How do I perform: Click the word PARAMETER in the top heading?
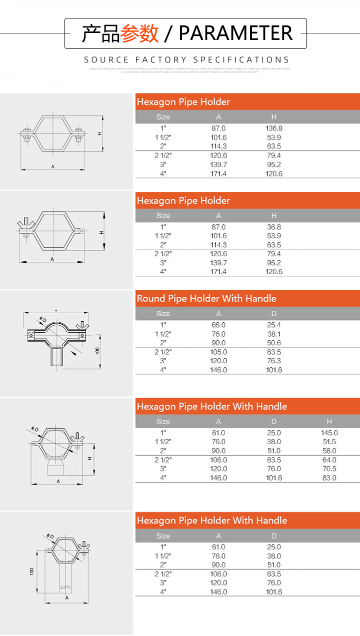click(235, 33)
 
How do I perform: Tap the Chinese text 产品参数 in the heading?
click(120, 33)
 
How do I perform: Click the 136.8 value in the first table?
click(274, 128)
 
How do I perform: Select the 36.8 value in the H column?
click(274, 227)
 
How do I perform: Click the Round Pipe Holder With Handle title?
click(206, 299)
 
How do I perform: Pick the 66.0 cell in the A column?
click(218, 325)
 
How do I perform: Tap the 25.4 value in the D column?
click(274, 325)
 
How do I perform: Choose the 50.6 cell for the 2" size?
click(274, 343)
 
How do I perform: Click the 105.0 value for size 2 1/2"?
click(218, 352)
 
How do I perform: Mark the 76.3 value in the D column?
click(274, 361)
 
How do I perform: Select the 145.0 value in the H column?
click(329, 433)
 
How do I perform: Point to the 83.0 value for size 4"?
click(329, 478)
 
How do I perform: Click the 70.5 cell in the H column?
click(329, 469)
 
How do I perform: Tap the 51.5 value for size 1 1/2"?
click(329, 442)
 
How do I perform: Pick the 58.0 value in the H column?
click(329, 451)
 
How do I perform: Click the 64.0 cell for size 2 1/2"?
click(329, 460)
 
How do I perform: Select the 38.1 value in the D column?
click(274, 334)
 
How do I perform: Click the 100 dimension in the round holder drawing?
click(98, 350)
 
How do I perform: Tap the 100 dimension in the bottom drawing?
click(32, 571)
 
